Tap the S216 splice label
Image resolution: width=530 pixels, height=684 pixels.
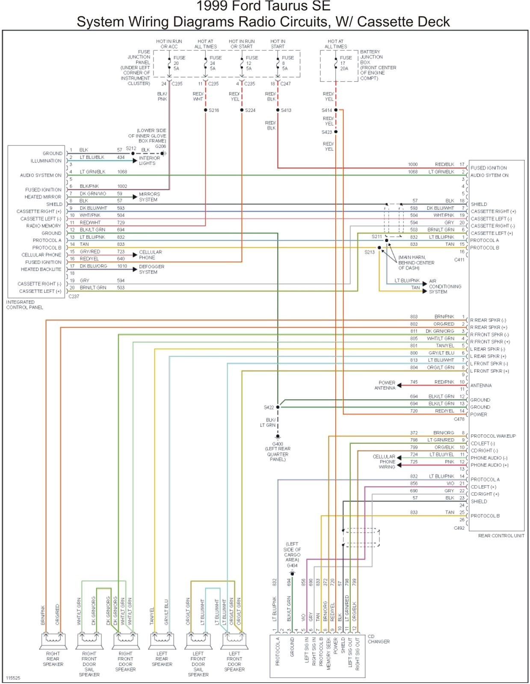pos(213,110)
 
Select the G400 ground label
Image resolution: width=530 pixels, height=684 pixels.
pos(278,444)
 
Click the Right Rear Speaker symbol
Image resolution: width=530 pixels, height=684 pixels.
pos(53,640)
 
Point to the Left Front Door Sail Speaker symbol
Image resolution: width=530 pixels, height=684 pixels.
pos(198,640)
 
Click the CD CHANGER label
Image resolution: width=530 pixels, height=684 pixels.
pos(378,639)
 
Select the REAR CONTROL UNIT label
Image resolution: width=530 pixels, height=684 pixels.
pos(501,536)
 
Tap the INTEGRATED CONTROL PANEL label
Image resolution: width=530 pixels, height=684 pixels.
pos(24,305)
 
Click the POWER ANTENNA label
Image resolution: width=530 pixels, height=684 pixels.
pos(385,385)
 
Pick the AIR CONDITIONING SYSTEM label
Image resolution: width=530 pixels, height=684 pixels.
pos(445,286)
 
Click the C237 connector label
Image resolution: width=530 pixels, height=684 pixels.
pos(74,296)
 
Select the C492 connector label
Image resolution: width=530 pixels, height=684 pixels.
pos(459,528)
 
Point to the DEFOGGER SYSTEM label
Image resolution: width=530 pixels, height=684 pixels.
pos(151,269)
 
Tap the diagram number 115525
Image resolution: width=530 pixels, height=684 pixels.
pos(13,678)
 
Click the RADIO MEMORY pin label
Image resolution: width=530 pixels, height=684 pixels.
pos(44,226)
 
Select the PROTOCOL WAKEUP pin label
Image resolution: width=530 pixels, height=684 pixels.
pos(493,436)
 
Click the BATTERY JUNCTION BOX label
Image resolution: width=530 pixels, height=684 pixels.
pos(378,65)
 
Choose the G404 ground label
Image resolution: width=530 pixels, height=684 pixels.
pos(292,566)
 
